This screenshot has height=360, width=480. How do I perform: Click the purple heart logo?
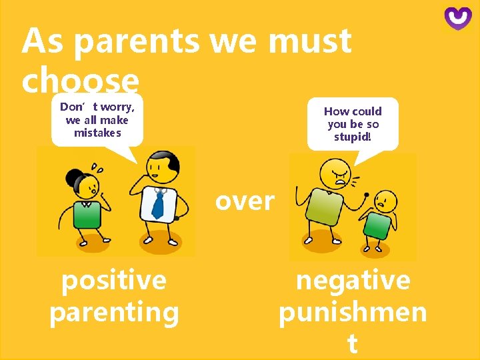point(458,18)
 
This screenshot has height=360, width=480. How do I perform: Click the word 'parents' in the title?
point(136,41)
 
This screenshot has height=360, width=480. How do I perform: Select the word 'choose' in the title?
point(80,81)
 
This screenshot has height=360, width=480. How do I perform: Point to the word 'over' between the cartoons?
point(245,201)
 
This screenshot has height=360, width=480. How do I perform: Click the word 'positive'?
point(114,280)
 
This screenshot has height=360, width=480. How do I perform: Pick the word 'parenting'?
point(114,312)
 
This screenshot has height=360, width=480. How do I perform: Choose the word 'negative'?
point(353,280)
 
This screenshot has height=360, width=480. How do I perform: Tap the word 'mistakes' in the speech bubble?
point(97,133)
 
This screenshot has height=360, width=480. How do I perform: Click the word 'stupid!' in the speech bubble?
point(353,137)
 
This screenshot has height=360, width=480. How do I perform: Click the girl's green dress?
point(87,214)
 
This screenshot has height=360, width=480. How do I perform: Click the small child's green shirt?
point(377,225)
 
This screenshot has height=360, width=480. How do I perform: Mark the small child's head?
point(385,200)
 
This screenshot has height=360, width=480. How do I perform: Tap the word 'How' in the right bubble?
point(335,111)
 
